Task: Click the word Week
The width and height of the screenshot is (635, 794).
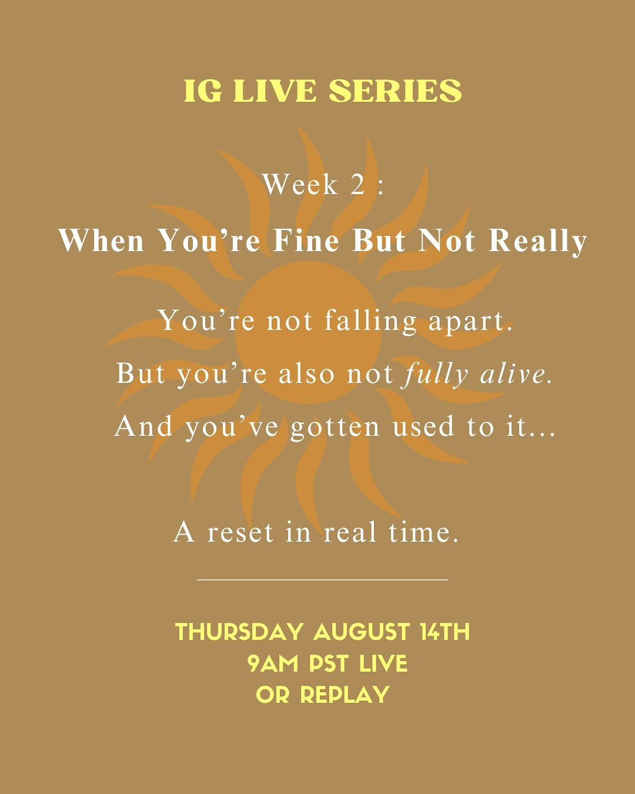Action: click(300, 185)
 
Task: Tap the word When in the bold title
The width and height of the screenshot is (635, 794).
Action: click(101, 241)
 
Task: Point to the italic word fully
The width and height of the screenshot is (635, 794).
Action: click(435, 374)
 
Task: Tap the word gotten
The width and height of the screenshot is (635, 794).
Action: click(335, 426)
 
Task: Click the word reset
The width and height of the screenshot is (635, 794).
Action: click(240, 532)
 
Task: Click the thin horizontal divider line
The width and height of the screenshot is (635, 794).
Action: click(323, 579)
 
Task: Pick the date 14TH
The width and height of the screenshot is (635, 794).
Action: click(445, 632)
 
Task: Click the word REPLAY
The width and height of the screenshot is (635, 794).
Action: click(345, 695)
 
